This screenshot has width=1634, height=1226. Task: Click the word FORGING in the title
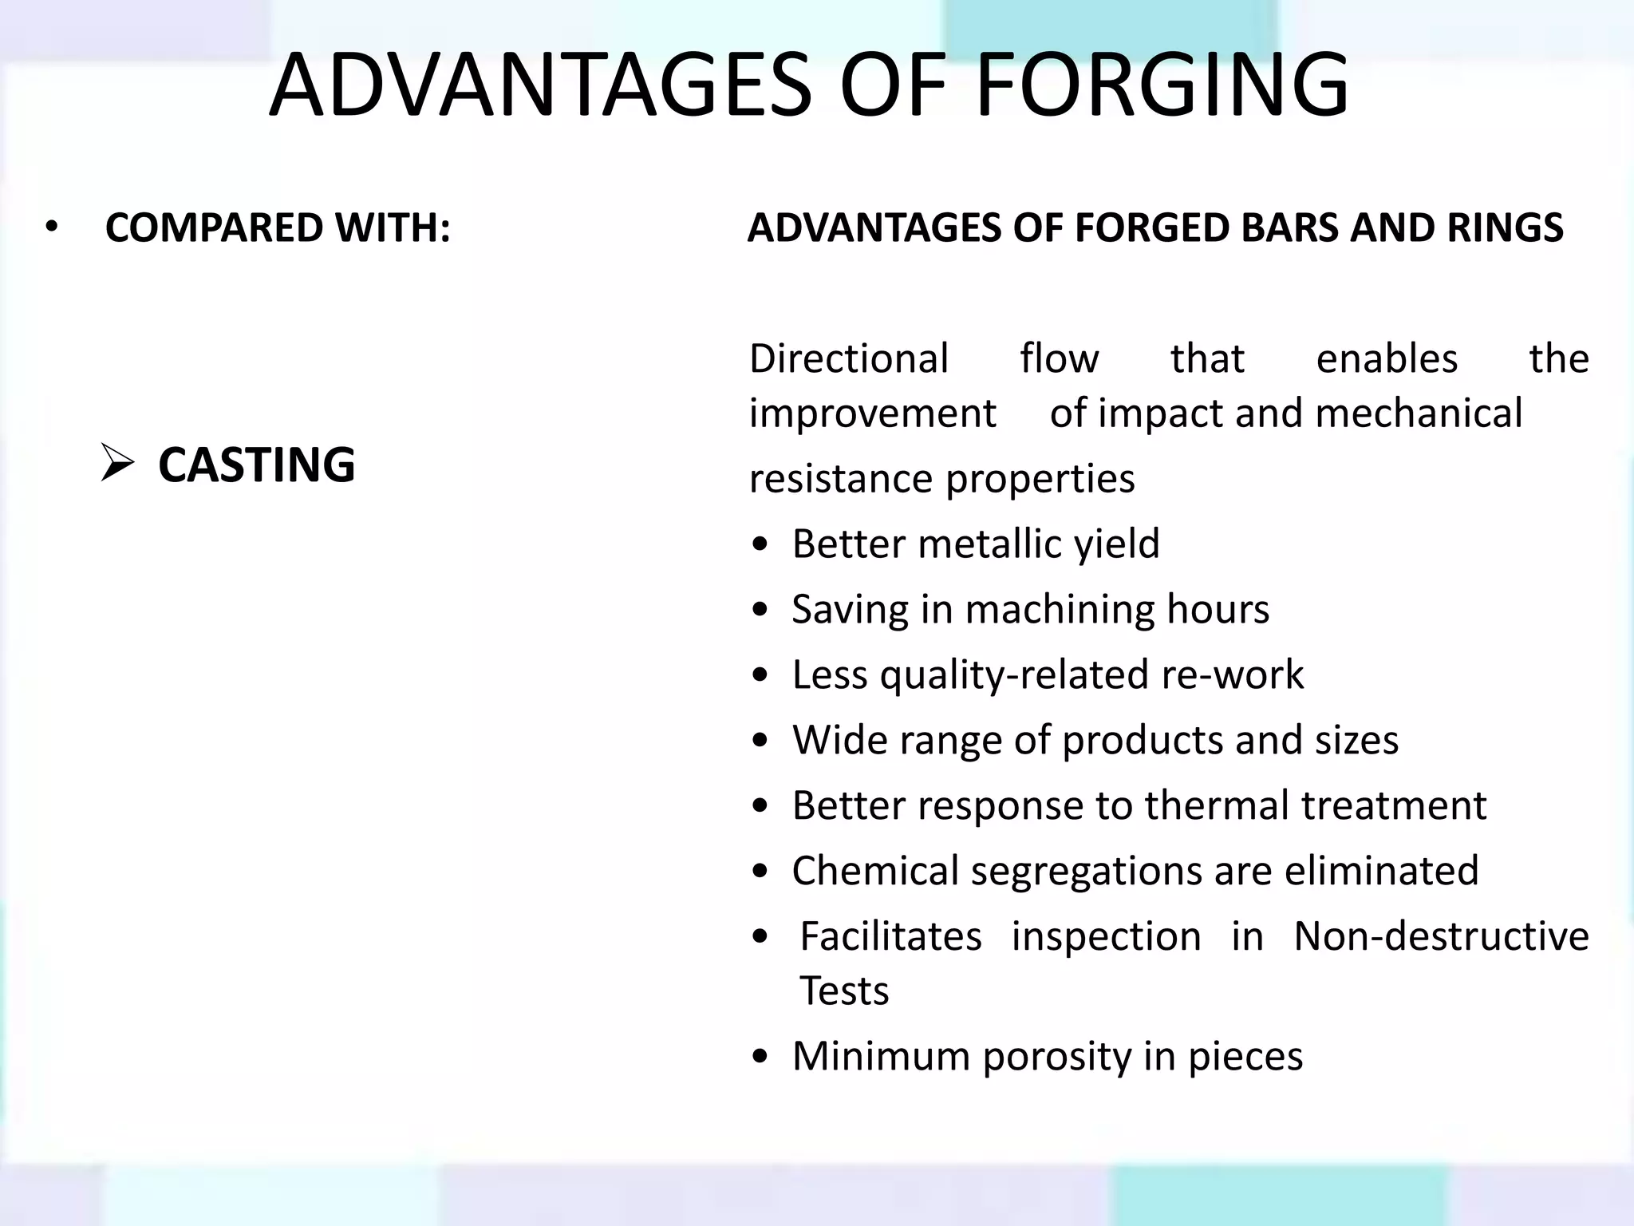(x=1162, y=85)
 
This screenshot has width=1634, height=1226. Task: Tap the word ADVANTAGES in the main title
(x=540, y=85)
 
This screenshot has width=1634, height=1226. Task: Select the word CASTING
(x=256, y=465)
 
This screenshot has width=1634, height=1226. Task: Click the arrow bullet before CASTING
(x=117, y=463)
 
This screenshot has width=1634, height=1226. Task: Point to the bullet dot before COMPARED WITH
(x=52, y=228)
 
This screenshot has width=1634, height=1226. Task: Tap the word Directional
(x=849, y=358)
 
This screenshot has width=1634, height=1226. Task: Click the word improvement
(x=873, y=413)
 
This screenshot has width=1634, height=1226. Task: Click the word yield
(x=1116, y=544)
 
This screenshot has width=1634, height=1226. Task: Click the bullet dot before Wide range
(x=760, y=741)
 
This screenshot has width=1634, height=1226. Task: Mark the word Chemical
(x=875, y=870)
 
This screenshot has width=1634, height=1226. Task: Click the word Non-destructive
(x=1441, y=935)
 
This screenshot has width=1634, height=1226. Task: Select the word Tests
(x=844, y=991)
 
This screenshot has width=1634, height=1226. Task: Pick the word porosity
(x=1056, y=1056)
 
